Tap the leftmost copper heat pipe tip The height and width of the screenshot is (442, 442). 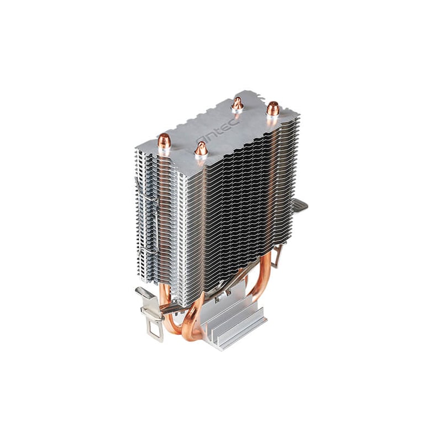tap(164, 141)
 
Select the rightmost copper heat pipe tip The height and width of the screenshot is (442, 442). tap(272, 108)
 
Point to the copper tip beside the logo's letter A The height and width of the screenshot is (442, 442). tap(201, 149)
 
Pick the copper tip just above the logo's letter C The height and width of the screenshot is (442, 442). tap(238, 103)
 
